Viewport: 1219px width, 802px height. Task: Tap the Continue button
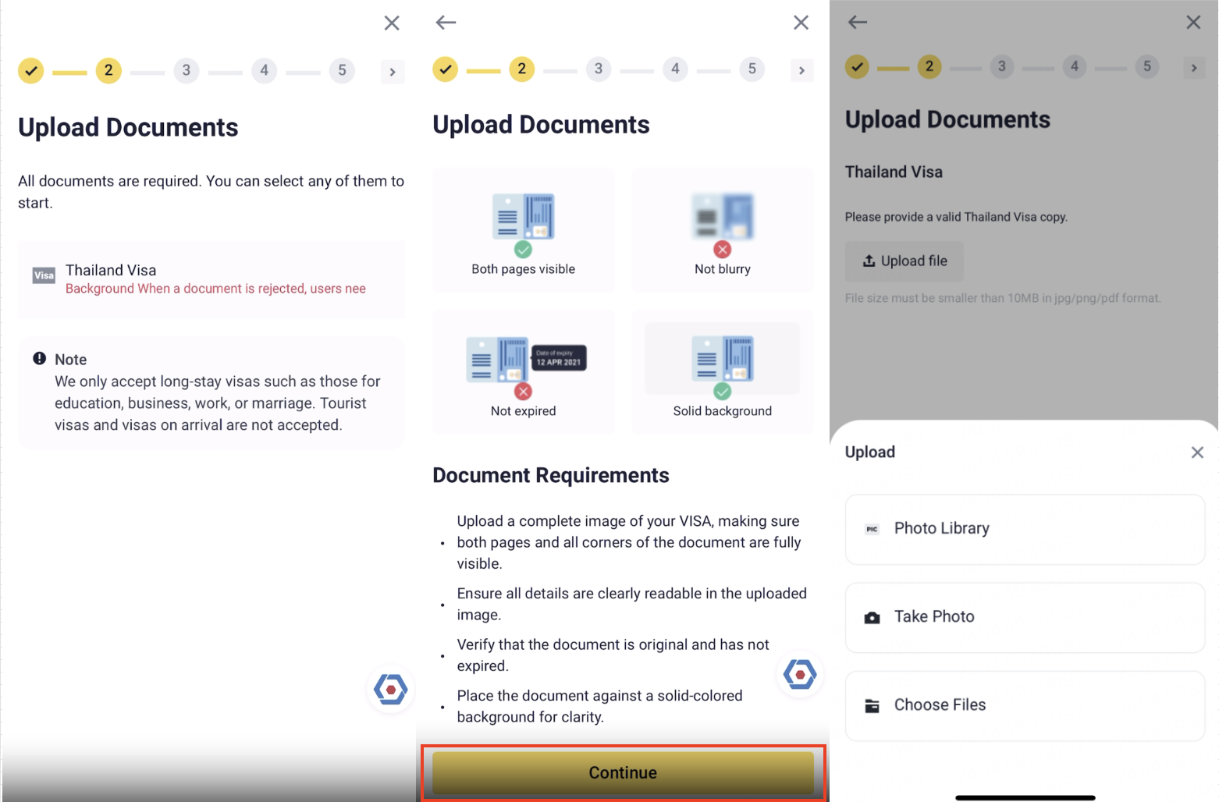[x=623, y=772]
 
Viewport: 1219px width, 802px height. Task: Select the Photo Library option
[x=1025, y=529]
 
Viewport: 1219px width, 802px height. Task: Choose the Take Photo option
[x=1025, y=617]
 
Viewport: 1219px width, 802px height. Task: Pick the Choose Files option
[x=1025, y=705]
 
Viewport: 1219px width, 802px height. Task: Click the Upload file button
[x=904, y=261]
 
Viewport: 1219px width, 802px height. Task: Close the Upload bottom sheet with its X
[x=1196, y=452]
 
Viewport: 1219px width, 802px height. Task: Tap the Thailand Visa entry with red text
[x=211, y=279]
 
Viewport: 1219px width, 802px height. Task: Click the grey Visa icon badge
[x=44, y=275]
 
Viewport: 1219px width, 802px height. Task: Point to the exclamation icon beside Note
[x=39, y=358]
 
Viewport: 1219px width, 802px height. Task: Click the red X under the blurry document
[x=722, y=250]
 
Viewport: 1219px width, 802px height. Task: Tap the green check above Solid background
[x=722, y=391]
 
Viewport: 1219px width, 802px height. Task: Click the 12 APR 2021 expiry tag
[x=559, y=358]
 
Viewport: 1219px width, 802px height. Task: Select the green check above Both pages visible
[x=523, y=250]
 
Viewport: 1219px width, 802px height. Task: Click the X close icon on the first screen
[x=392, y=23]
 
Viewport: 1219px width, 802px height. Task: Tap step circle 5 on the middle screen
[x=752, y=69]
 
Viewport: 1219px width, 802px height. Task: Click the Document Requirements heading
[x=551, y=475]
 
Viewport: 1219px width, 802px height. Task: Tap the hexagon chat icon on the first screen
[x=391, y=690]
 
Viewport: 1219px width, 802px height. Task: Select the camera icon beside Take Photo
[x=872, y=618]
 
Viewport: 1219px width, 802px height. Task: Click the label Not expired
[x=523, y=411]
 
